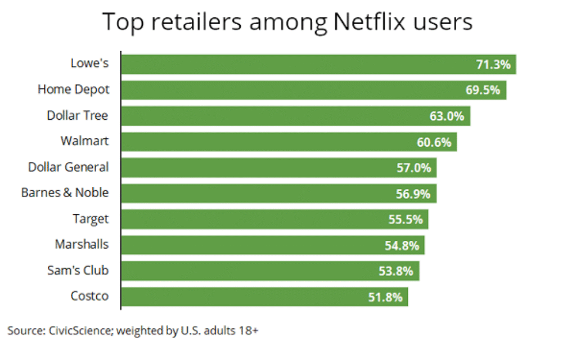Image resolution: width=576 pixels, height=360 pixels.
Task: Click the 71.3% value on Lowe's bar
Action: click(x=493, y=64)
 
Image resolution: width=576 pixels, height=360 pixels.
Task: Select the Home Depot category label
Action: click(x=73, y=89)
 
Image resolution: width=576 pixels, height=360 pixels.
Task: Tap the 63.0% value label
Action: click(x=447, y=116)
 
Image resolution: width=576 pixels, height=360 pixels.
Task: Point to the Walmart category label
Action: click(x=84, y=141)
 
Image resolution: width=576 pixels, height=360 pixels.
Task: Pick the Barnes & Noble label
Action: click(x=65, y=193)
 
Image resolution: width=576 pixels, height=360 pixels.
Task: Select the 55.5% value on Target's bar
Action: click(x=406, y=219)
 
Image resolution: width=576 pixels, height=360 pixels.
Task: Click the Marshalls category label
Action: click(x=82, y=245)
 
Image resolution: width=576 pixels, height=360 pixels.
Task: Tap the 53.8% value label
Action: click(x=395, y=271)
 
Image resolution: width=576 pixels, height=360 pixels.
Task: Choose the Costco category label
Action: click(x=89, y=296)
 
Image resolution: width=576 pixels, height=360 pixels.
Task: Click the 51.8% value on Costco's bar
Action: click(x=385, y=297)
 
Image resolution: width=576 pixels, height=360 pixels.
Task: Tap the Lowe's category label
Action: click(x=89, y=64)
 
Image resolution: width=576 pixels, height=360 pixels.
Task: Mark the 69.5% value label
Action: click(x=483, y=90)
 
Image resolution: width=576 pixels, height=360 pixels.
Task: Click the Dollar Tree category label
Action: click(x=77, y=115)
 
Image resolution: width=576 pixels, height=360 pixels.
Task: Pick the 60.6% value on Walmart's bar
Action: click(x=434, y=142)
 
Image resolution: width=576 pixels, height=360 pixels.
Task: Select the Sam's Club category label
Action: click(x=78, y=271)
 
